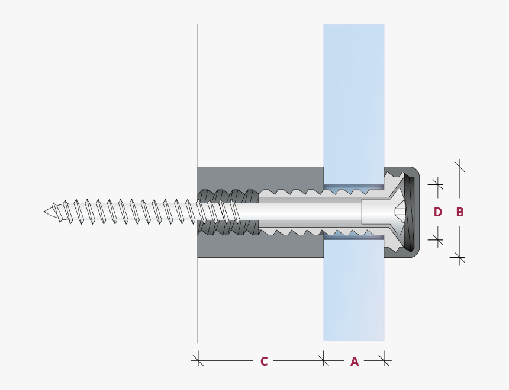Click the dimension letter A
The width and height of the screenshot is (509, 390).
[355, 361]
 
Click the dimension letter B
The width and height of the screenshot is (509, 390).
[460, 212]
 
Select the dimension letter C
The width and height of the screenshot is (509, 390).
[264, 361]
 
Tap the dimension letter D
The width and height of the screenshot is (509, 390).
[438, 212]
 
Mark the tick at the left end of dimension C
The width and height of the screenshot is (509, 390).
[198, 359]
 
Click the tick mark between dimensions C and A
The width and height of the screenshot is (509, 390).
[324, 359]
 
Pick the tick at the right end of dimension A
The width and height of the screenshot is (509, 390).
[385, 359]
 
